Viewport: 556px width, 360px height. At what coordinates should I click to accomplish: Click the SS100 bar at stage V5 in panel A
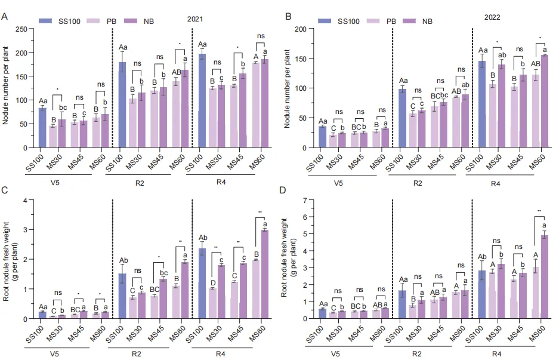42,127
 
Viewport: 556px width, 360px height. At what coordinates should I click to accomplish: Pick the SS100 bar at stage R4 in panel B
481,104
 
